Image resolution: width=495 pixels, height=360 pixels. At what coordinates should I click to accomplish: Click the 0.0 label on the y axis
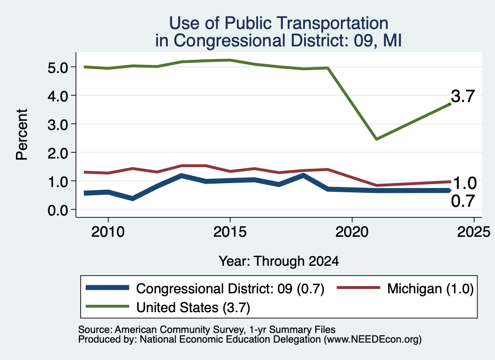(x=58, y=210)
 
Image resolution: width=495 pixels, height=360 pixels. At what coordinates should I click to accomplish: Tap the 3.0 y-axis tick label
(x=58, y=125)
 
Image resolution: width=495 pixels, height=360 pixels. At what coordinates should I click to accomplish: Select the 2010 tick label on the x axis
(x=108, y=232)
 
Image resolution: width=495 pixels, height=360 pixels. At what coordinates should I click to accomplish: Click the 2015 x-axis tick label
(x=230, y=232)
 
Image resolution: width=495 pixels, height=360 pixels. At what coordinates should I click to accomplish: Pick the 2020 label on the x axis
(x=352, y=232)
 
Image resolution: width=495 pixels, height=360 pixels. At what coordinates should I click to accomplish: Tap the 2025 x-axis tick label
(x=474, y=232)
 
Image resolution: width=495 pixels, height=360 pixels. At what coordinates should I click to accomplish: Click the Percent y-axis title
(x=22, y=134)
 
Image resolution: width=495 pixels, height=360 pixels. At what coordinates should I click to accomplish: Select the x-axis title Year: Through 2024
(x=279, y=261)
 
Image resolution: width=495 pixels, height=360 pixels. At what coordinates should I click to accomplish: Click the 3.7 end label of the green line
(x=463, y=96)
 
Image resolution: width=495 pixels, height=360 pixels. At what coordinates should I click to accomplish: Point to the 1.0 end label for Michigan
(x=465, y=183)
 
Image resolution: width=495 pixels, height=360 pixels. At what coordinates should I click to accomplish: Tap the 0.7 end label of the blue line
(x=463, y=201)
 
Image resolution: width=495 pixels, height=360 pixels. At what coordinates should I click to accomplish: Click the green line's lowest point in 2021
(x=376, y=139)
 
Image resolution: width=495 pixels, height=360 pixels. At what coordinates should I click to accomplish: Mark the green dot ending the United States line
(x=450, y=104)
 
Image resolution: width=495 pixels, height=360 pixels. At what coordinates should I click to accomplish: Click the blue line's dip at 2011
(x=132, y=199)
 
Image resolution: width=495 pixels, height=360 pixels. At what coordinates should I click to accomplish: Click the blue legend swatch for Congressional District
(x=107, y=288)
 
